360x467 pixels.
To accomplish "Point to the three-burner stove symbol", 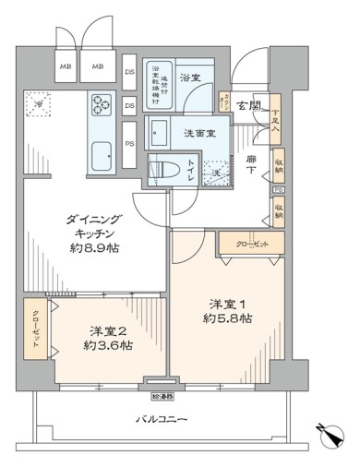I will [101, 106].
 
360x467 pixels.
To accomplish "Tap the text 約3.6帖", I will [99, 345].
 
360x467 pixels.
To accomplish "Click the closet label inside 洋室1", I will [243, 245].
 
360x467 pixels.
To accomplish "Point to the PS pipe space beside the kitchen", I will [129, 142].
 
